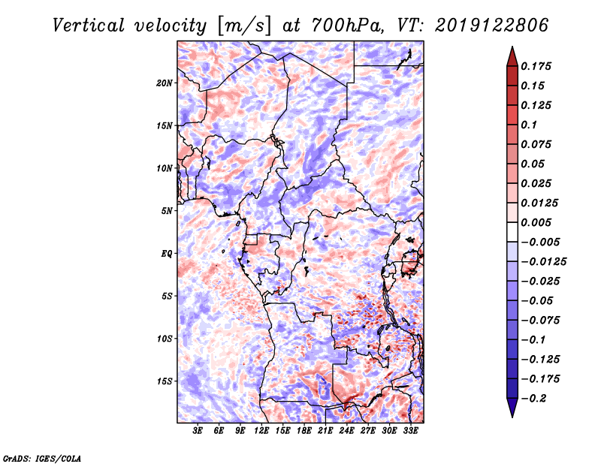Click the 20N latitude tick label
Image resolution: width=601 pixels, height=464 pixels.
tap(165, 83)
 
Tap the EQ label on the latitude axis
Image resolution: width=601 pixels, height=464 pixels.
tap(167, 254)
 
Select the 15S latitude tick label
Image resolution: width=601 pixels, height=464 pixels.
tap(165, 381)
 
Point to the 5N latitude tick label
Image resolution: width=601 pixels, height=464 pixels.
tap(167, 211)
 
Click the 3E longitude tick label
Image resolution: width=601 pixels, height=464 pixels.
tap(198, 431)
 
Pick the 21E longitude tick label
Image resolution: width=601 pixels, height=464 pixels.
tap(325, 431)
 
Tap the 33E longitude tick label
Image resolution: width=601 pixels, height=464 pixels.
tap(410, 431)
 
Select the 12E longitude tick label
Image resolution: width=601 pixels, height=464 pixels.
tap(261, 431)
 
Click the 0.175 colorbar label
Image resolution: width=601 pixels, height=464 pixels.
tap(536, 66)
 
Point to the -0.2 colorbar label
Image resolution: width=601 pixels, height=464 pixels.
tap(533, 399)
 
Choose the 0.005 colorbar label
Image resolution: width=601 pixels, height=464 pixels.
tap(536, 222)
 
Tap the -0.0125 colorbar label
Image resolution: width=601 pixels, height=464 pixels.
tap(543, 262)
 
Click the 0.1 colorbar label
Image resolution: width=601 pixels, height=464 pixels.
tap(529, 125)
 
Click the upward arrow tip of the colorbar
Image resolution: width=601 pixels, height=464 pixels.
tap(512, 47)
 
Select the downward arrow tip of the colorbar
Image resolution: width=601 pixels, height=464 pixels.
tap(512, 417)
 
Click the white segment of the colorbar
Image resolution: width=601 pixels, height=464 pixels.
tap(512, 232)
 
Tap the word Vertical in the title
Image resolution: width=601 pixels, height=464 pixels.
tap(89, 26)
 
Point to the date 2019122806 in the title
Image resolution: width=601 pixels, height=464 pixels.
tap(492, 26)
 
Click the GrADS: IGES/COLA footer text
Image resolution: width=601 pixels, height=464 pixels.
tap(42, 459)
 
